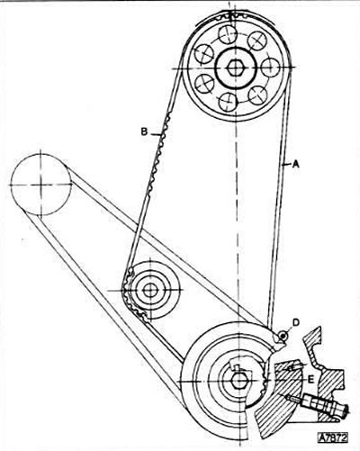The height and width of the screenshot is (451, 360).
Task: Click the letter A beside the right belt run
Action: point(296,164)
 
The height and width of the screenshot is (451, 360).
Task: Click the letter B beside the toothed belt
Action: point(144,131)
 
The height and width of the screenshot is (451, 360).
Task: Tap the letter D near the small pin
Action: point(296,322)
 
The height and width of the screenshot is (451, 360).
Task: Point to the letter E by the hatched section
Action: point(310,380)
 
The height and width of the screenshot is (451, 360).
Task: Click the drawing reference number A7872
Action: point(333,437)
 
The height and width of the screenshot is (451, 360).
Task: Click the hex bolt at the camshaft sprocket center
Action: point(234,68)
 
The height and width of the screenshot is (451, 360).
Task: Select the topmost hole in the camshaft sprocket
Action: point(229,35)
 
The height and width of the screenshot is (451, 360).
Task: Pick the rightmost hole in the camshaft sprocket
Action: point(271,68)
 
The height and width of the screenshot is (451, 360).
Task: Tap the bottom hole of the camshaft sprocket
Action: point(228,102)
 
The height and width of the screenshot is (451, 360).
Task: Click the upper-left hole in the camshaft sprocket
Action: point(204,54)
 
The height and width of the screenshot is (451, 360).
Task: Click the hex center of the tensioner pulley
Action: point(149,290)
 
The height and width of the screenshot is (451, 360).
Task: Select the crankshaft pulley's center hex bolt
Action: point(238,381)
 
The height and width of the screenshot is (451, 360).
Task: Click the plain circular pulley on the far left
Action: point(41,185)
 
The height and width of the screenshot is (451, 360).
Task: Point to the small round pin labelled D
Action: point(283,336)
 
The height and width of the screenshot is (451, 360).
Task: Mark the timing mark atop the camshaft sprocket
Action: point(230,15)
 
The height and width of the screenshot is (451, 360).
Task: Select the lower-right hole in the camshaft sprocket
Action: point(257,95)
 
